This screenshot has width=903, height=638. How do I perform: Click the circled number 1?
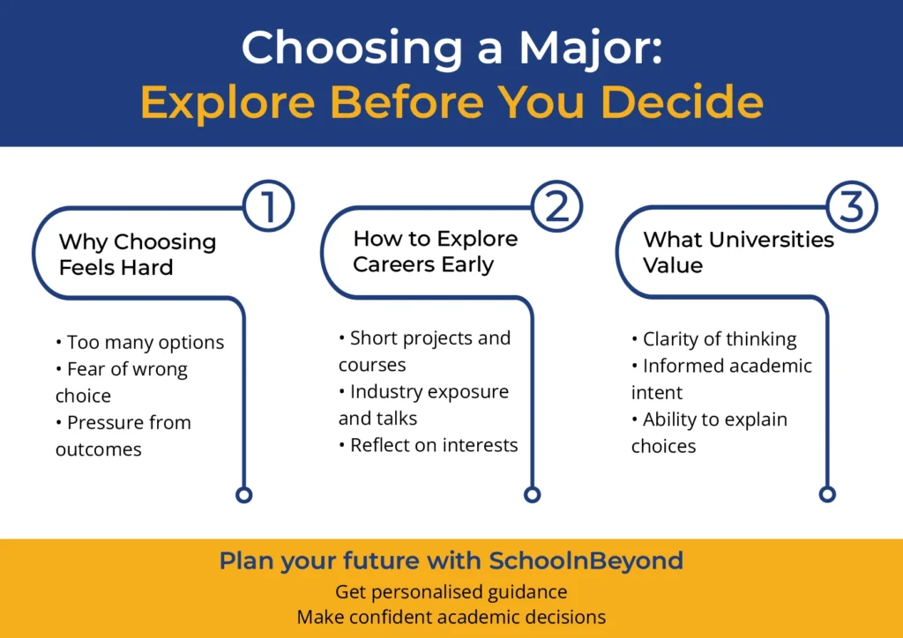(x=267, y=206)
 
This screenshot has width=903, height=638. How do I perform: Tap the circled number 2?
(x=557, y=206)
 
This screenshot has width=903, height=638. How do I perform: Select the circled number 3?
(x=851, y=206)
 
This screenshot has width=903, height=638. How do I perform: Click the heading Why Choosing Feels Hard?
(x=137, y=254)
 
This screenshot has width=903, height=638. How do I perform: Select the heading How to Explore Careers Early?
(x=435, y=251)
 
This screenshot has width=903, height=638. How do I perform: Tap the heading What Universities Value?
(x=737, y=252)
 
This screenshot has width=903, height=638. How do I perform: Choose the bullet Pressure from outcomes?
(x=123, y=435)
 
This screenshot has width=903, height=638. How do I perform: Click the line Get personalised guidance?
(x=451, y=591)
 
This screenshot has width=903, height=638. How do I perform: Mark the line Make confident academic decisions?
(x=451, y=617)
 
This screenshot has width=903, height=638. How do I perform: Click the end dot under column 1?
(x=244, y=494)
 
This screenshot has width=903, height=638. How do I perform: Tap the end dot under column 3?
(x=826, y=493)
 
